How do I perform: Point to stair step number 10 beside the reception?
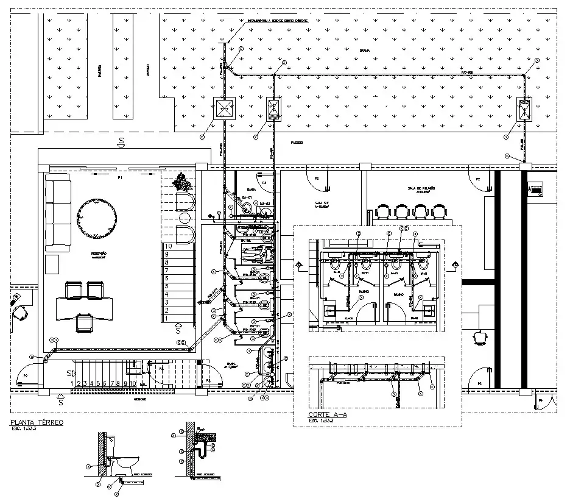pyautogui.click(x=168, y=246)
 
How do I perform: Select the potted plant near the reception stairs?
pyautogui.click(x=181, y=181)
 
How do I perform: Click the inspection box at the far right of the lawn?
pyautogui.click(x=523, y=110)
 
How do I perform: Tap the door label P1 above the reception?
pyautogui.click(x=120, y=179)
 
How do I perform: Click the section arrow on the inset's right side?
pyautogui.click(x=455, y=265)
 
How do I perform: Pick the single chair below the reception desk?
pyautogui.click(x=83, y=321)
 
